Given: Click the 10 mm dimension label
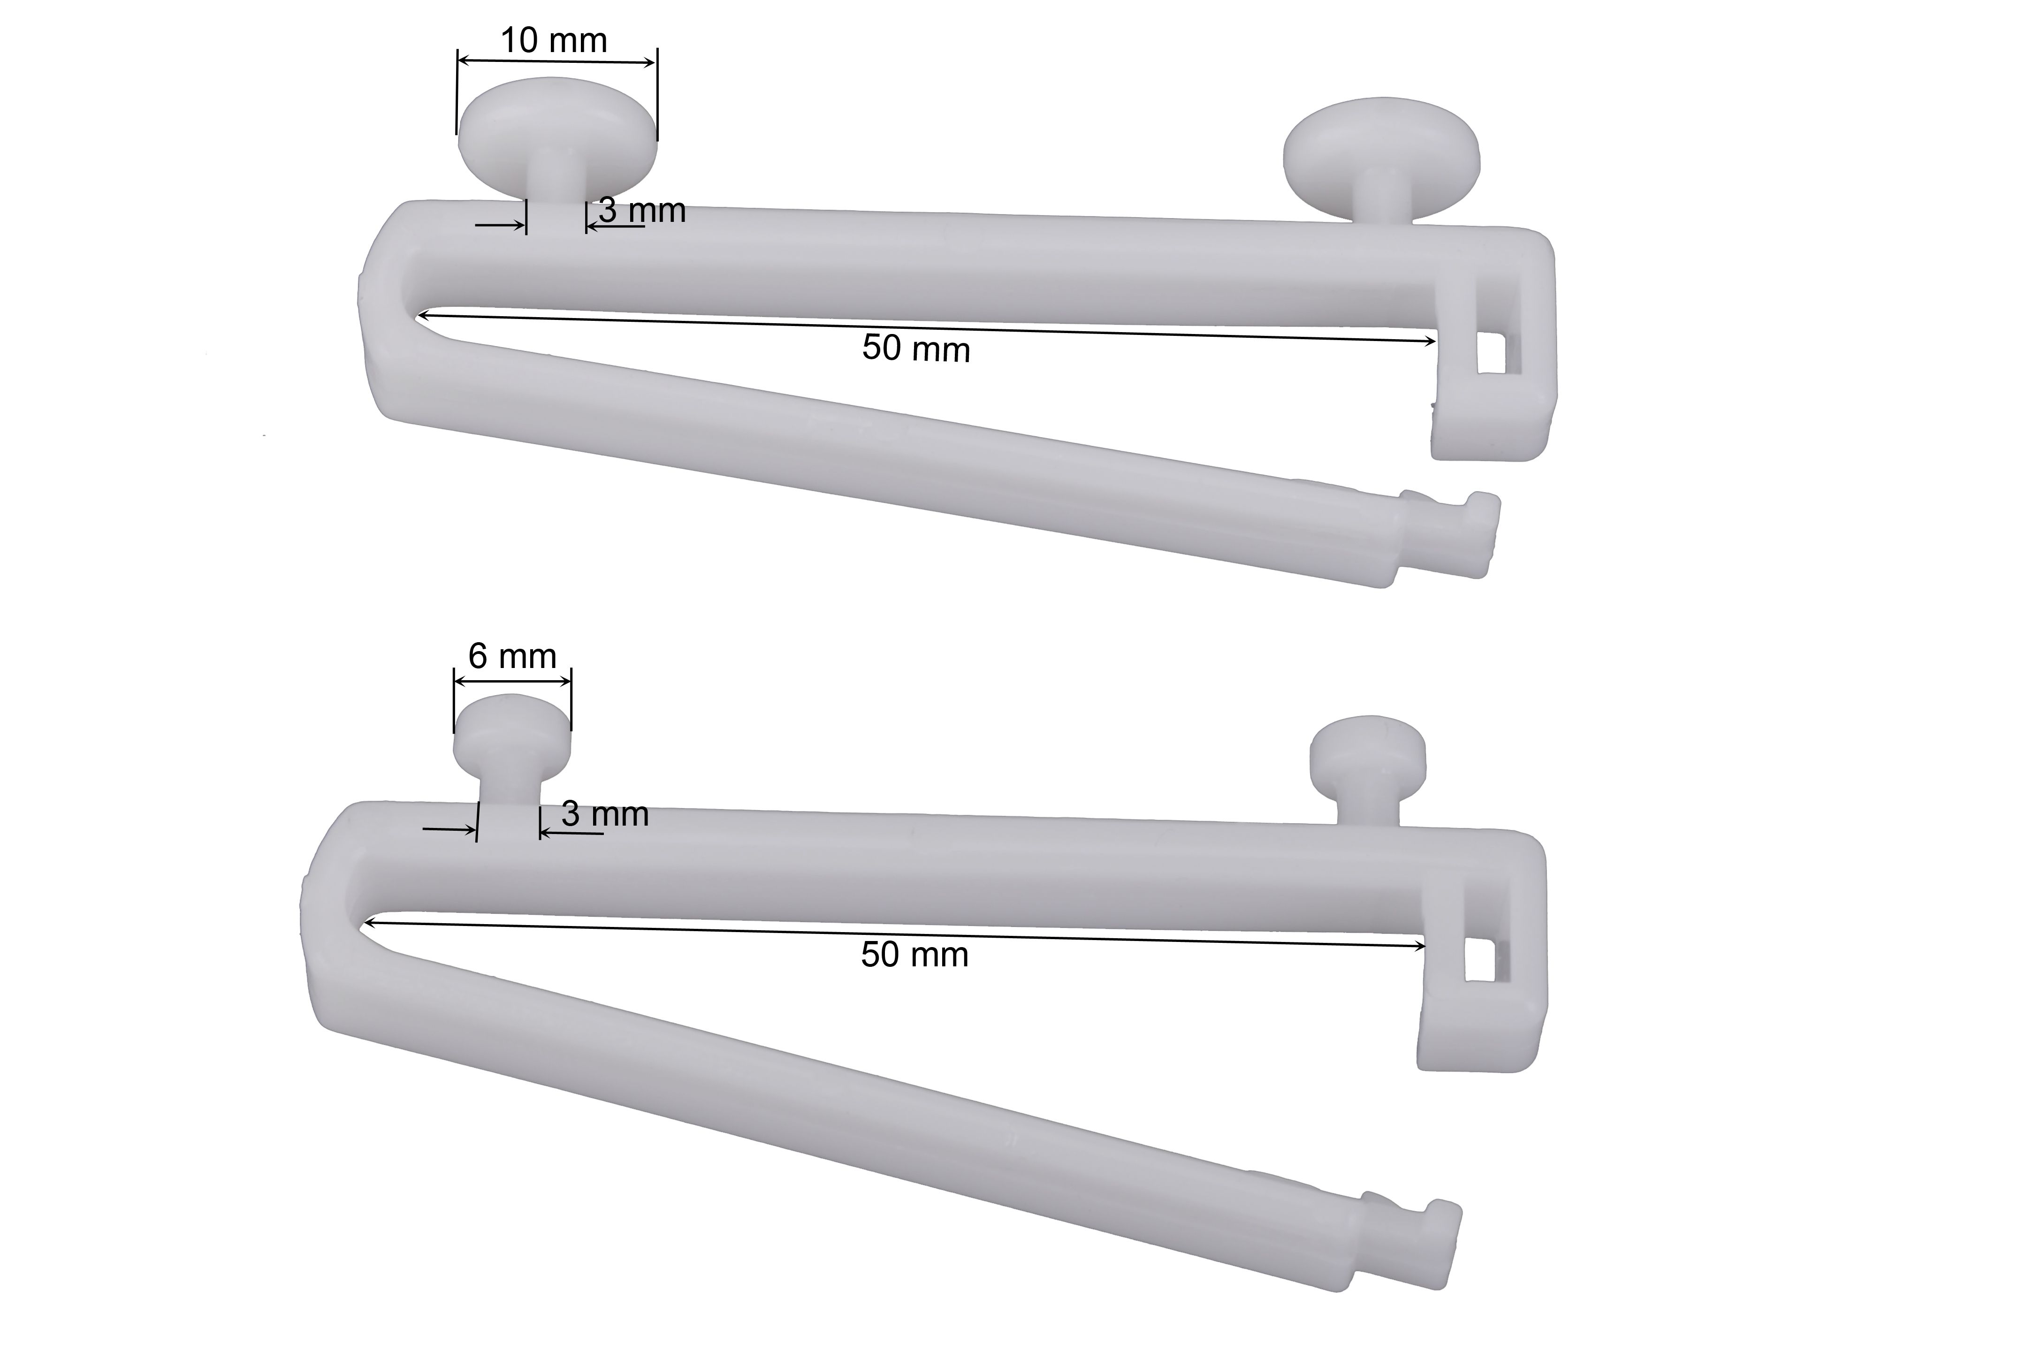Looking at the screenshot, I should pos(554,40).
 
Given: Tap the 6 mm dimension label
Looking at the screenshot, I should pos(512,657).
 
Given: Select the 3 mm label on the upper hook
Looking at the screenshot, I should pos(642,210).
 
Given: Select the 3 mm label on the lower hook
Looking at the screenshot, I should pos(605,814).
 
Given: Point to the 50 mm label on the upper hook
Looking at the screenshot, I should pos(916,349).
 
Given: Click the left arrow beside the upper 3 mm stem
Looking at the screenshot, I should pos(500,226).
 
